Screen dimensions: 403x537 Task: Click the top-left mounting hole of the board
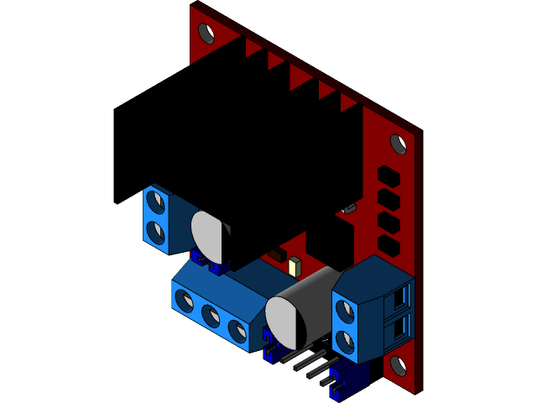click(x=206, y=34)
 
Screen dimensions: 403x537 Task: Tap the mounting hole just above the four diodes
click(x=399, y=144)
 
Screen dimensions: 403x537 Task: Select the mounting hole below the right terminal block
click(x=398, y=365)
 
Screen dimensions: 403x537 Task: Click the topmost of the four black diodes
click(x=388, y=175)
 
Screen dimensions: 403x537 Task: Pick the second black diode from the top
click(x=388, y=199)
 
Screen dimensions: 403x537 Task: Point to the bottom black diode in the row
click(x=388, y=245)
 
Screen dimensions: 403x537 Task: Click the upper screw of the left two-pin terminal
click(x=154, y=201)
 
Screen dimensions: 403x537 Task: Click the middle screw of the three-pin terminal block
click(x=211, y=316)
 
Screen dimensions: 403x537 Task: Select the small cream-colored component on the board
click(x=294, y=267)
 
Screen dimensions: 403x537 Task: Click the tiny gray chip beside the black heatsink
click(x=349, y=207)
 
